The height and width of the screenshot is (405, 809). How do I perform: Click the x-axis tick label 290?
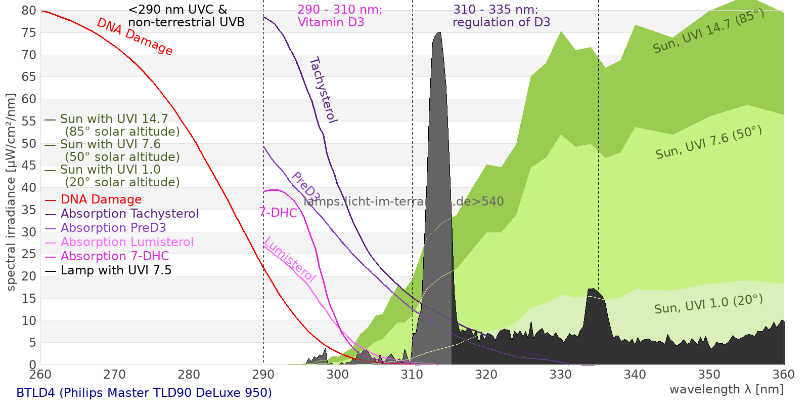click(x=263, y=375)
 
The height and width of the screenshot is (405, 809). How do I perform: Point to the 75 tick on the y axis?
click(x=29, y=33)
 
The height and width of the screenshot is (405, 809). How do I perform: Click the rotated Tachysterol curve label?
click(x=323, y=90)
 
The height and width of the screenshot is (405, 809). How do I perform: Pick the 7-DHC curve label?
click(x=278, y=213)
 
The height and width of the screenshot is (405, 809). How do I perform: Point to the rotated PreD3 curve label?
click(x=306, y=187)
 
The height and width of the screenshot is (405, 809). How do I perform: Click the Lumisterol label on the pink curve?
click(x=290, y=259)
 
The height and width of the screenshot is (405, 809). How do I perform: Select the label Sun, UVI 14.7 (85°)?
click(x=708, y=31)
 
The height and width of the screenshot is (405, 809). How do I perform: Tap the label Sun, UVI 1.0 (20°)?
click(x=708, y=304)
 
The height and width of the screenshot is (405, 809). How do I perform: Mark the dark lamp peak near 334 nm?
click(x=594, y=314)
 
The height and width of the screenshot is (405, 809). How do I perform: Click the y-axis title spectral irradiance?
click(x=11, y=192)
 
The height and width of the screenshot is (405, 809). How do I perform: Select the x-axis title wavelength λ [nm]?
click(x=726, y=389)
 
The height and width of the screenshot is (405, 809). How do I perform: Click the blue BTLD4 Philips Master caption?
click(x=144, y=393)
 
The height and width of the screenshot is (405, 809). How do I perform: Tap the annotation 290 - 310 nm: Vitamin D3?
click(x=340, y=16)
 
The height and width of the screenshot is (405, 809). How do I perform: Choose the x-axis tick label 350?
click(x=709, y=375)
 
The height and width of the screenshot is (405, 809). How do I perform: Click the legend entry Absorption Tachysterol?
click(x=129, y=214)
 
